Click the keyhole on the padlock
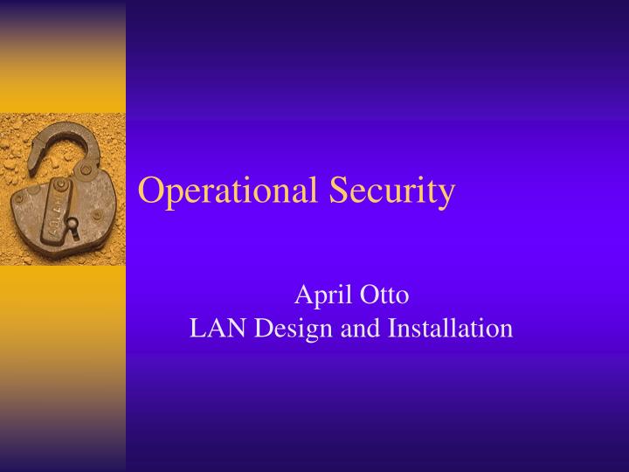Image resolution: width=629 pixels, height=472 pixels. point(72,226)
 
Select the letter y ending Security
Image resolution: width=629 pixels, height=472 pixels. point(446,194)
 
